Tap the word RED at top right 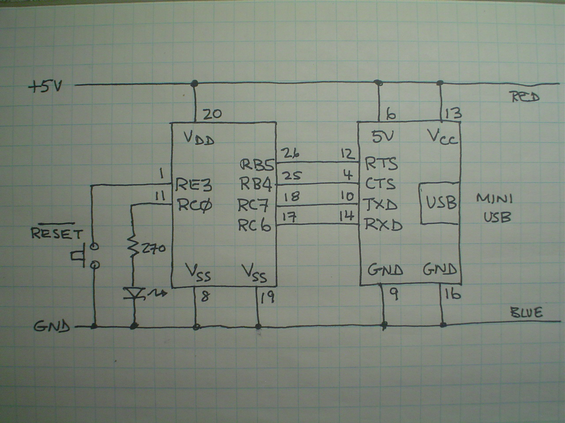pos(525,97)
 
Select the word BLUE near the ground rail pos(526,313)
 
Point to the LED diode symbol pos(133,293)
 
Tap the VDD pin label pos(199,140)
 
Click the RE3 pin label pos(193,184)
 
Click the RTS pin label pos(381,164)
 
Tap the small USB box pos(440,203)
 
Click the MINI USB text pos(494,208)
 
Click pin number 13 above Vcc pos(453,114)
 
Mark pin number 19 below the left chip pos(267,298)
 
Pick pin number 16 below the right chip pos(452,294)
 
